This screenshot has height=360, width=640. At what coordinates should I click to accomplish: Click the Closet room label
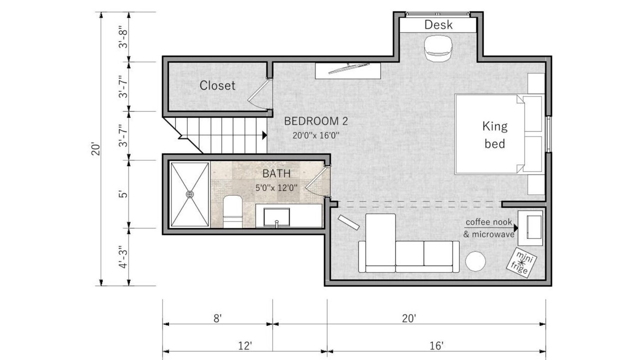click(x=217, y=85)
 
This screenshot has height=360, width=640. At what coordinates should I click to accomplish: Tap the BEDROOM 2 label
click(x=316, y=121)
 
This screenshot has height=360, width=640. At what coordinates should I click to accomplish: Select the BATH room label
click(x=276, y=173)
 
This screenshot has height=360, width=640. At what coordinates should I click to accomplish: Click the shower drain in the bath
click(x=189, y=194)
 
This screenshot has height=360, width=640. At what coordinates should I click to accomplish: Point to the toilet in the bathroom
click(x=232, y=211)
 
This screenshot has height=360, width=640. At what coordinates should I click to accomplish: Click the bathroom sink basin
click(x=276, y=217)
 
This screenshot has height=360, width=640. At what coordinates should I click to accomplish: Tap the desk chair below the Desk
click(x=438, y=48)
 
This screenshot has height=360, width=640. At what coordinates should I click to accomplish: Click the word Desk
click(x=438, y=25)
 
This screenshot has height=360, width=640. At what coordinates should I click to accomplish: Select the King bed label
click(x=495, y=135)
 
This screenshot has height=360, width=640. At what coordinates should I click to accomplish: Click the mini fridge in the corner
click(x=521, y=262)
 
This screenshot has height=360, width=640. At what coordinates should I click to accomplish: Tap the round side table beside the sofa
click(x=475, y=261)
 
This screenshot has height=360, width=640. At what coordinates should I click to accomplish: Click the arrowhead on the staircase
click(x=264, y=135)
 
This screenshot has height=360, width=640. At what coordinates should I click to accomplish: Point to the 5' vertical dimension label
click(x=123, y=194)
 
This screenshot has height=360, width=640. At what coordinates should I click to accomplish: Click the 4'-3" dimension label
click(x=123, y=257)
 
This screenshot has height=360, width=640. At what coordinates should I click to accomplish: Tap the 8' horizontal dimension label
click(x=217, y=318)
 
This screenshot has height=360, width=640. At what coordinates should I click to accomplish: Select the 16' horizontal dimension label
click(x=436, y=345)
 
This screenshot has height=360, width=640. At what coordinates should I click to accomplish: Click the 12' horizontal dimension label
click(x=245, y=345)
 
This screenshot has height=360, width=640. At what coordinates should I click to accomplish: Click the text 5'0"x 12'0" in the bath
click(x=276, y=188)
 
